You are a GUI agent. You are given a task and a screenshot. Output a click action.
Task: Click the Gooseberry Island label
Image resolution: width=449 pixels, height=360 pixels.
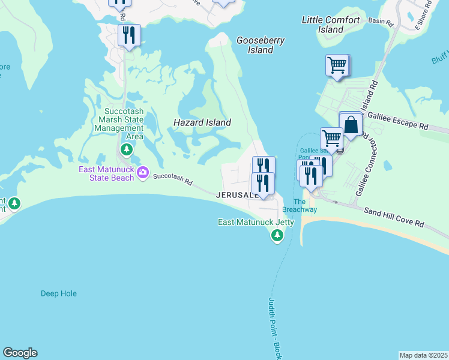[x=260, y=45]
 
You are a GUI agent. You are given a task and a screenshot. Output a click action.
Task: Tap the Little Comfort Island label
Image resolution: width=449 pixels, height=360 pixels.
[x=331, y=25]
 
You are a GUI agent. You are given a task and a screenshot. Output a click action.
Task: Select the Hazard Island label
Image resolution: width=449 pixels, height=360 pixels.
[x=202, y=122]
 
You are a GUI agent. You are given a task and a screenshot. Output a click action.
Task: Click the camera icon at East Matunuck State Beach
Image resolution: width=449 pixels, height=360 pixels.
[x=143, y=173]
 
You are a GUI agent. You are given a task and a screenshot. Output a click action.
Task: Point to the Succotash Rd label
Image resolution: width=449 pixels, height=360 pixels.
[x=172, y=179]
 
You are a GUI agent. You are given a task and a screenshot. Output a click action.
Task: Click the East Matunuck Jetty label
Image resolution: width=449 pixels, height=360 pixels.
[x=256, y=222]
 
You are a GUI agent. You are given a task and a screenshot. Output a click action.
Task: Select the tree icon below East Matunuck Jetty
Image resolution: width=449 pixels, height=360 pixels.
[x=277, y=236]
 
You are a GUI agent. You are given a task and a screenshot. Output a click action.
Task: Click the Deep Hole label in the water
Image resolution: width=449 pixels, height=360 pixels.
[x=59, y=293]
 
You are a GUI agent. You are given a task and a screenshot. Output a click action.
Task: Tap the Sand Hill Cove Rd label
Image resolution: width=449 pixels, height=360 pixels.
[x=394, y=217]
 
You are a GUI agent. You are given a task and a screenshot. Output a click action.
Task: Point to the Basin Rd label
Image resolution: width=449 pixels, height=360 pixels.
[x=381, y=23]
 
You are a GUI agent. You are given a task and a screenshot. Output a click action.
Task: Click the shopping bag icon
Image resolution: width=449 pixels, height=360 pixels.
[x=351, y=125]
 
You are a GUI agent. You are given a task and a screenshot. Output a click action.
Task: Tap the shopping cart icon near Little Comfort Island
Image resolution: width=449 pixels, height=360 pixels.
[x=337, y=64]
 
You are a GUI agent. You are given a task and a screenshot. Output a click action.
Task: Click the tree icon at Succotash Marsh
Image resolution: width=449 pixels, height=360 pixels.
[x=126, y=149]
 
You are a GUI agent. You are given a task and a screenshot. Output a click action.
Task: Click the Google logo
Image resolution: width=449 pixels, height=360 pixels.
[x=20, y=353]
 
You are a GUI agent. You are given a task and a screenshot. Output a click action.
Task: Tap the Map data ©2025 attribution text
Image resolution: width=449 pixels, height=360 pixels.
[x=424, y=355]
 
